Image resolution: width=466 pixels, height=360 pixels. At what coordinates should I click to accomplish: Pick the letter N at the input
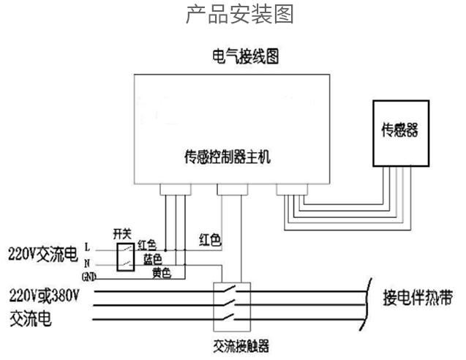point(88,261)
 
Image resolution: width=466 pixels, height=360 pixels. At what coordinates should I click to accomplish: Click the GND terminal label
point(89,276)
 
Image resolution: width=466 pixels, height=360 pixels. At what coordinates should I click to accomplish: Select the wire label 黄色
point(162,273)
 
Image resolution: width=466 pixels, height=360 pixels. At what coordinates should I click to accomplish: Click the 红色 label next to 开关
point(147,244)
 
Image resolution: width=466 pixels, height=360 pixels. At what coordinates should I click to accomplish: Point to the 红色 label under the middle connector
point(210,239)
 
